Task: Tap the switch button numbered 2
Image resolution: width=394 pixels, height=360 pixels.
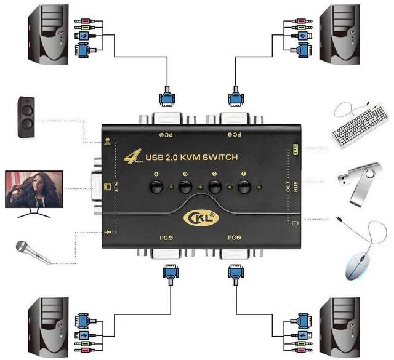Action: [x=215, y=187]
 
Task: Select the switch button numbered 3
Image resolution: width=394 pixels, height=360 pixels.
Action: [x=184, y=187]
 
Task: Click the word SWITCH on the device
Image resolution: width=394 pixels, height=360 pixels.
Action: [x=223, y=159]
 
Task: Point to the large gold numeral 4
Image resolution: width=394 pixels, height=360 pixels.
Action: [x=131, y=158]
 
